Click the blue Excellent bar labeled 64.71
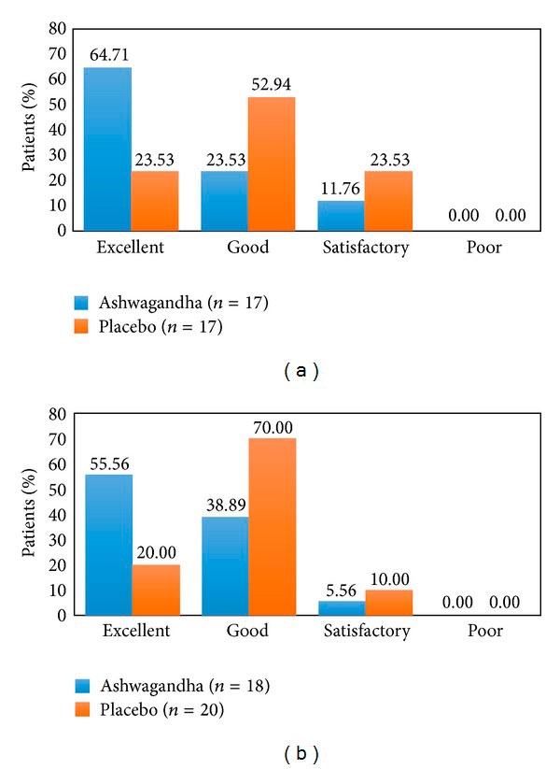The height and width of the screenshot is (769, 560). coord(107,148)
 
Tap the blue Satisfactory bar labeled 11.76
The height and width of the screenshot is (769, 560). coord(341,215)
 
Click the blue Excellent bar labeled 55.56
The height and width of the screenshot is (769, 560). coord(107,545)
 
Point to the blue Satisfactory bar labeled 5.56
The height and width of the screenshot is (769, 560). coord(341,607)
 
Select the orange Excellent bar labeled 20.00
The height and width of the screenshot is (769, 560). coord(155,590)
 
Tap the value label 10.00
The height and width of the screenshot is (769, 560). coord(388,579)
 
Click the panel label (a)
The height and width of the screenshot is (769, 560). coord(300,371)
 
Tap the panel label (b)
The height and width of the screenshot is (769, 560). coord(300,750)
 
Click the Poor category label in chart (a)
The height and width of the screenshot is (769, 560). coord(484,248)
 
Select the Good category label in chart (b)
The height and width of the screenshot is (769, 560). coord(247,631)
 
